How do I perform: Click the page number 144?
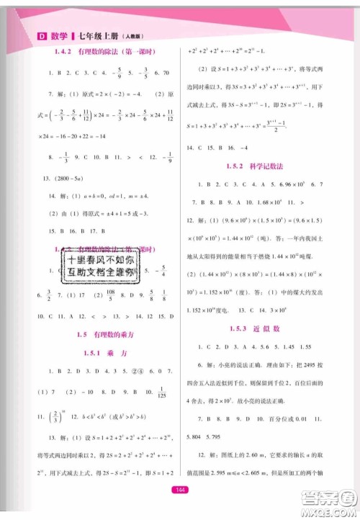pos(180,490)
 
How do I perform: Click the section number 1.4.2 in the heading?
pos(63,52)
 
